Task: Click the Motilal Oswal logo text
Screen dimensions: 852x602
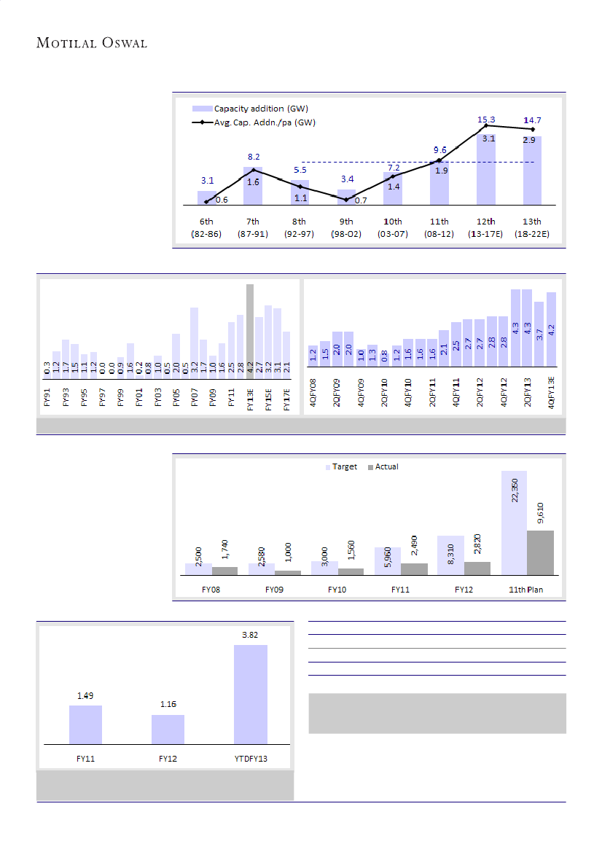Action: tap(92, 44)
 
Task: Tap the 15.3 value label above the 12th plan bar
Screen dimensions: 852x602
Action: tap(487, 119)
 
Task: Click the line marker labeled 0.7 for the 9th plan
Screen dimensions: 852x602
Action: tap(346, 199)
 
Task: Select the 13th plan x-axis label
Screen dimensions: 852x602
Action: tap(532, 227)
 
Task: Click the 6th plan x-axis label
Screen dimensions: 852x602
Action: tap(206, 227)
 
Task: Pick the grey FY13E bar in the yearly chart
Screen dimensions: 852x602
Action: tap(250, 328)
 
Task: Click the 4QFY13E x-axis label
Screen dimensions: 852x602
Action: tap(552, 394)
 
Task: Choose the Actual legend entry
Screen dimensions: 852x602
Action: tap(383, 466)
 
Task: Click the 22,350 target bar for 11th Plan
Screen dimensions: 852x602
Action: tap(514, 522)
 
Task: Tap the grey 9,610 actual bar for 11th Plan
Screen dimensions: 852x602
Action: tap(540, 552)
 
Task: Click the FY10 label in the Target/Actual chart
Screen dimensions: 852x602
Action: tap(337, 589)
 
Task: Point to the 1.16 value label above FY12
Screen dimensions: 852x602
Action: tap(168, 705)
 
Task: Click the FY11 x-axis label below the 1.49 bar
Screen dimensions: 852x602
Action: tap(85, 759)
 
